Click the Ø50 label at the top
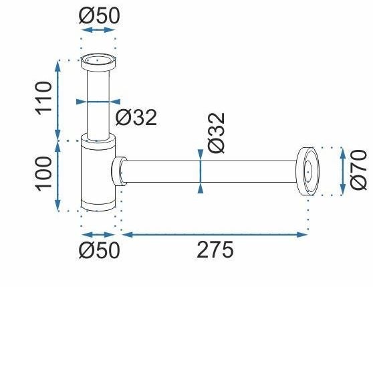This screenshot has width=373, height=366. [99, 15]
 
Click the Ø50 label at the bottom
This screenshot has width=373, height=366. [99, 250]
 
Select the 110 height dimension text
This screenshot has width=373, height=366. [43, 98]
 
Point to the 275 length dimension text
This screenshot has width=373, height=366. [215, 250]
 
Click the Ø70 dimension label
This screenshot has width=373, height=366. [358, 170]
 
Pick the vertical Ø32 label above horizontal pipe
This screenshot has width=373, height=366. [216, 133]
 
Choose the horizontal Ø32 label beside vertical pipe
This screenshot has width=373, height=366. [136, 117]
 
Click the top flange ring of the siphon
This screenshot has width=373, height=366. [98, 62]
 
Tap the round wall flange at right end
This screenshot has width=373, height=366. [307, 171]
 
